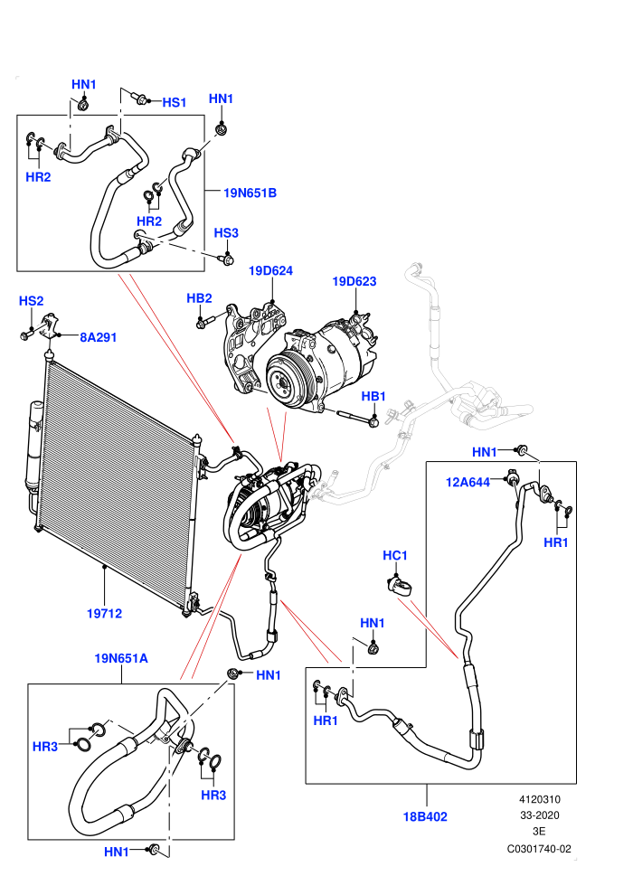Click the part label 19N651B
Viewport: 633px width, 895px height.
(250, 193)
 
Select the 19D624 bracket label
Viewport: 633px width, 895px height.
(270, 270)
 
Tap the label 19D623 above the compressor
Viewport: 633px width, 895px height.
(354, 281)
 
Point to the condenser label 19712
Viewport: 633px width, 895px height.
(105, 614)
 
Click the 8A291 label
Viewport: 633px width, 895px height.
(99, 337)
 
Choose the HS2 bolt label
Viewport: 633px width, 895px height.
(32, 301)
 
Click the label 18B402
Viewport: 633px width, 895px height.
(425, 817)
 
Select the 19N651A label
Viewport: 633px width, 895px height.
(121, 659)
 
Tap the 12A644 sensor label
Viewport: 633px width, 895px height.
(468, 483)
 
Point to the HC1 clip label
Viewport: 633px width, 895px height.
(395, 555)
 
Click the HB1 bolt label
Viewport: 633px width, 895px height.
(373, 396)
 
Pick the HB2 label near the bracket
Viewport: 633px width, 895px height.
(199, 298)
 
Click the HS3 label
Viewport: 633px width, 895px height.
(226, 233)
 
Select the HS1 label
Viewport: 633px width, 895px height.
(175, 102)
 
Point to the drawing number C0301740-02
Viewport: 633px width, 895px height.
(539, 849)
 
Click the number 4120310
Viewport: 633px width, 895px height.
(539, 800)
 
